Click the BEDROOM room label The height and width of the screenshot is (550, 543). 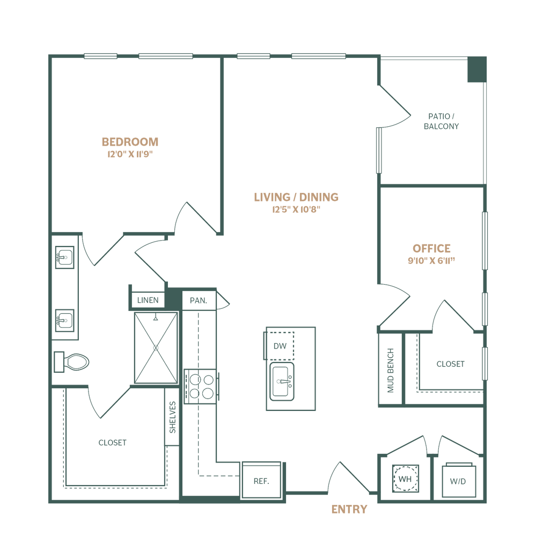pyautogui.click(x=131, y=142)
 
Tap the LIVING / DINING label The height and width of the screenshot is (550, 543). pyautogui.click(x=296, y=197)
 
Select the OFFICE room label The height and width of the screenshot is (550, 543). pyautogui.click(x=431, y=249)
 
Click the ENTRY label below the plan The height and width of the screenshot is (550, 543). pyautogui.click(x=349, y=509)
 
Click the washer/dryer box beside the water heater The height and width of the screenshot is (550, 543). pyautogui.click(x=457, y=481)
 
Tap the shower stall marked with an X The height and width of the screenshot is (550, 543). pyautogui.click(x=155, y=348)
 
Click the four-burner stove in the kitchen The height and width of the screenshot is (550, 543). pyautogui.click(x=201, y=386)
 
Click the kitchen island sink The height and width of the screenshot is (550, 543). pyautogui.click(x=281, y=382)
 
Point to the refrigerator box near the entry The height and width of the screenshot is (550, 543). pyautogui.click(x=258, y=480)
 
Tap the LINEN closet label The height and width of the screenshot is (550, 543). pyautogui.click(x=148, y=300)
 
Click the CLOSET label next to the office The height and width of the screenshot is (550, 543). pyautogui.click(x=450, y=364)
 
